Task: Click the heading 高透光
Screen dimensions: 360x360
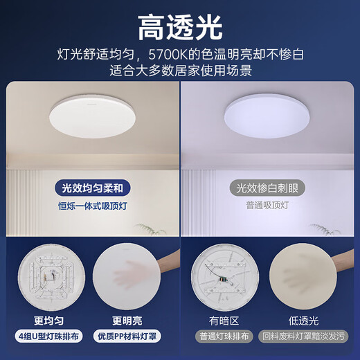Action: [180, 28]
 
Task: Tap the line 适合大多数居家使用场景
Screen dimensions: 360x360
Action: [180, 70]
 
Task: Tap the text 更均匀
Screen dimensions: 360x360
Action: [48, 321]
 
